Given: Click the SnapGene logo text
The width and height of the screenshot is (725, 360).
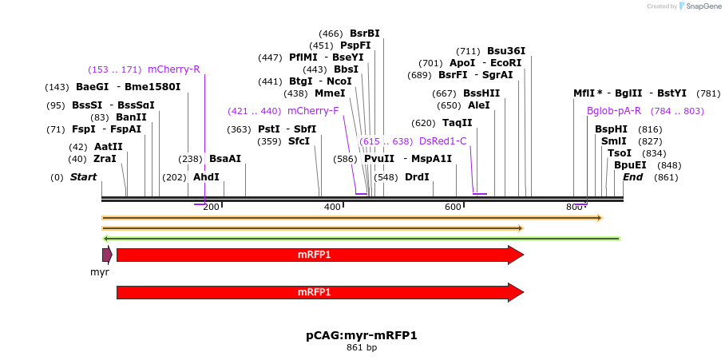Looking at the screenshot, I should pos(700,6).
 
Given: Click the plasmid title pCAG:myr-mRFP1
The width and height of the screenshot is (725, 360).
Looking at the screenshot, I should pos(361,335).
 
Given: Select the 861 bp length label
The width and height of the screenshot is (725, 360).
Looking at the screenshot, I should pos(361,347).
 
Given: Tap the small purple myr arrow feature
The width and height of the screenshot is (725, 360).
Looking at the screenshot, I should pos(107,255).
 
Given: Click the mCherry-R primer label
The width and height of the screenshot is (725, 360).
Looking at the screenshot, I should pos(173,69).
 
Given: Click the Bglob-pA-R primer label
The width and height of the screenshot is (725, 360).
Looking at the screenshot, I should pos(613,111).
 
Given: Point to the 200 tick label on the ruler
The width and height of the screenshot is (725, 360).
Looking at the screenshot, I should pos(211,207).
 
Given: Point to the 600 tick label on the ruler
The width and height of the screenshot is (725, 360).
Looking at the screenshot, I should pos(453,207).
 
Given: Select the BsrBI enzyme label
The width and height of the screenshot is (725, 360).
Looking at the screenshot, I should pos(364,34).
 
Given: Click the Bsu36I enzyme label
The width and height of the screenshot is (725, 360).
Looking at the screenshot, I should pos(506,51).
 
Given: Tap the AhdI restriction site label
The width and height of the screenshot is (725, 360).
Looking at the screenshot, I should pos(206,177).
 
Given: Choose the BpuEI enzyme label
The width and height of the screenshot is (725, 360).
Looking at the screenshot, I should pos(630,165).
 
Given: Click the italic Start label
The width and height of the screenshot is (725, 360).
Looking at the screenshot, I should pos(83,177).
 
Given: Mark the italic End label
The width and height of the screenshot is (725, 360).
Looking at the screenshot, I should pos(632,177).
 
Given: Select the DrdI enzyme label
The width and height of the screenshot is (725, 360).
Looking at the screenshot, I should pos(417,177).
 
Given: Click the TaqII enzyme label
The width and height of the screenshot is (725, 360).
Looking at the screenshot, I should pos(458,123).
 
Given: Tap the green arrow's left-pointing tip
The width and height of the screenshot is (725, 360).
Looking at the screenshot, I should pos(105,238).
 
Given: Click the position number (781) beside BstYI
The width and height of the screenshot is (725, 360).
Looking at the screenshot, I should pos(708,93).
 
